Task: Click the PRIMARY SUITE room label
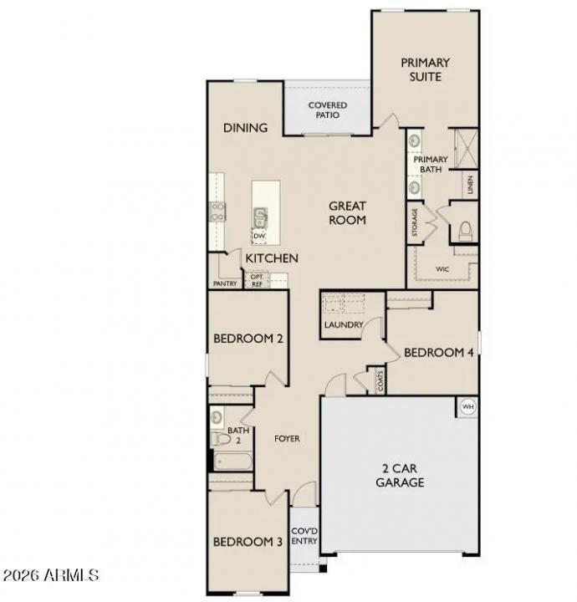[425, 69]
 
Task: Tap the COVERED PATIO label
[327, 110]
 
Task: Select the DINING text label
[245, 128]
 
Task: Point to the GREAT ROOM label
[347, 213]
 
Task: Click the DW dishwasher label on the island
[259, 237]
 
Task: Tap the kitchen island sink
[261, 218]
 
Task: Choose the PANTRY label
[225, 283]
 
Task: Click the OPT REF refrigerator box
[257, 280]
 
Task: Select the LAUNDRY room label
[343, 324]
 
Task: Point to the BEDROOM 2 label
[248, 339]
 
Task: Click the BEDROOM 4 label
[439, 352]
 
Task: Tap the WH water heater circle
[468, 406]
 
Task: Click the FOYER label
[287, 438]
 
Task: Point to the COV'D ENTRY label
[303, 536]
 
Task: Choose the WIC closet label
[442, 269]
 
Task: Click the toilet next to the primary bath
[465, 229]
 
